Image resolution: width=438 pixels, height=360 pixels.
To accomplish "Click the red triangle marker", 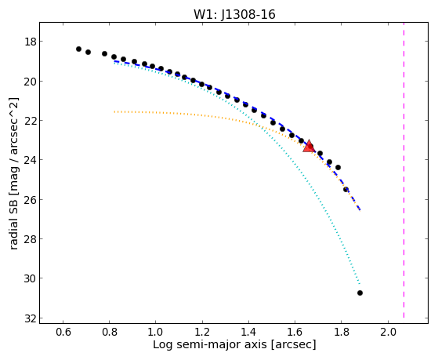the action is [x=309, y=146].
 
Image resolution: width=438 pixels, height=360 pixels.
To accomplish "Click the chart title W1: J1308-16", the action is [x=234, y=14].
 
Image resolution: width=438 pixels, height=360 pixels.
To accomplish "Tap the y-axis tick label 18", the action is [x=30, y=42].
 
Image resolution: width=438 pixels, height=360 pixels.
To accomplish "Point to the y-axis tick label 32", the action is [x=30, y=318].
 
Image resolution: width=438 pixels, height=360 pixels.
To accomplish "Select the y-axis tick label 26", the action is [x=30, y=200].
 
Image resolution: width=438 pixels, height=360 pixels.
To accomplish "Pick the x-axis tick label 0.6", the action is [x=63, y=332].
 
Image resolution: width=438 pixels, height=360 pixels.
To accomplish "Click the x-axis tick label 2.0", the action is [x=389, y=332].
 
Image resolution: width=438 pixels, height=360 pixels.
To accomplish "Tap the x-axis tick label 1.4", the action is [x=248, y=332].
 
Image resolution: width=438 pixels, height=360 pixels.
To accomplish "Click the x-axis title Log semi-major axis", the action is [x=210, y=344].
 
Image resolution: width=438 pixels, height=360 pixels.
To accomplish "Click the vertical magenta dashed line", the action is [x=404, y=170].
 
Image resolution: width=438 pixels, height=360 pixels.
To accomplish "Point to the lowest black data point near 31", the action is [x=360, y=293].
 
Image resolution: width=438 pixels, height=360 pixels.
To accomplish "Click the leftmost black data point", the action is [x=78, y=49].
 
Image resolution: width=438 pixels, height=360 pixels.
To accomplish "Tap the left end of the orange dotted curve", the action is [x=114, y=112].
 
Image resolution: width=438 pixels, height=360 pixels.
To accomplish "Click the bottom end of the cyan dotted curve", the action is [x=360, y=285].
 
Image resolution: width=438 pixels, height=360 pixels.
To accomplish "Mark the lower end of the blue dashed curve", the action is [x=360, y=209].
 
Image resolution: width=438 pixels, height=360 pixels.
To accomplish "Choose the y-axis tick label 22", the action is [x=30, y=121].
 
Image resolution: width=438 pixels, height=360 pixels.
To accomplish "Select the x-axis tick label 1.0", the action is [x=155, y=332].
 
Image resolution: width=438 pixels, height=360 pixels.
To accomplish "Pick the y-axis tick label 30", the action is [x=30, y=278].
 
